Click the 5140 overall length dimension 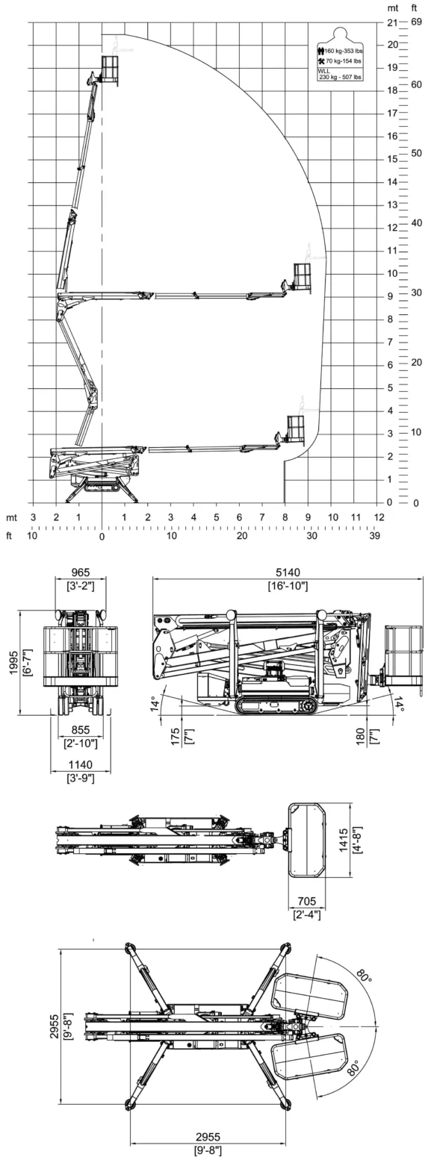[288, 573]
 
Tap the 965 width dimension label [81, 573]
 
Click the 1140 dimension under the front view [81, 764]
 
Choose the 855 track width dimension [81, 730]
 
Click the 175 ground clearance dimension [176, 737]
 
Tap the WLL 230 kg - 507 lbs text [339, 74]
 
